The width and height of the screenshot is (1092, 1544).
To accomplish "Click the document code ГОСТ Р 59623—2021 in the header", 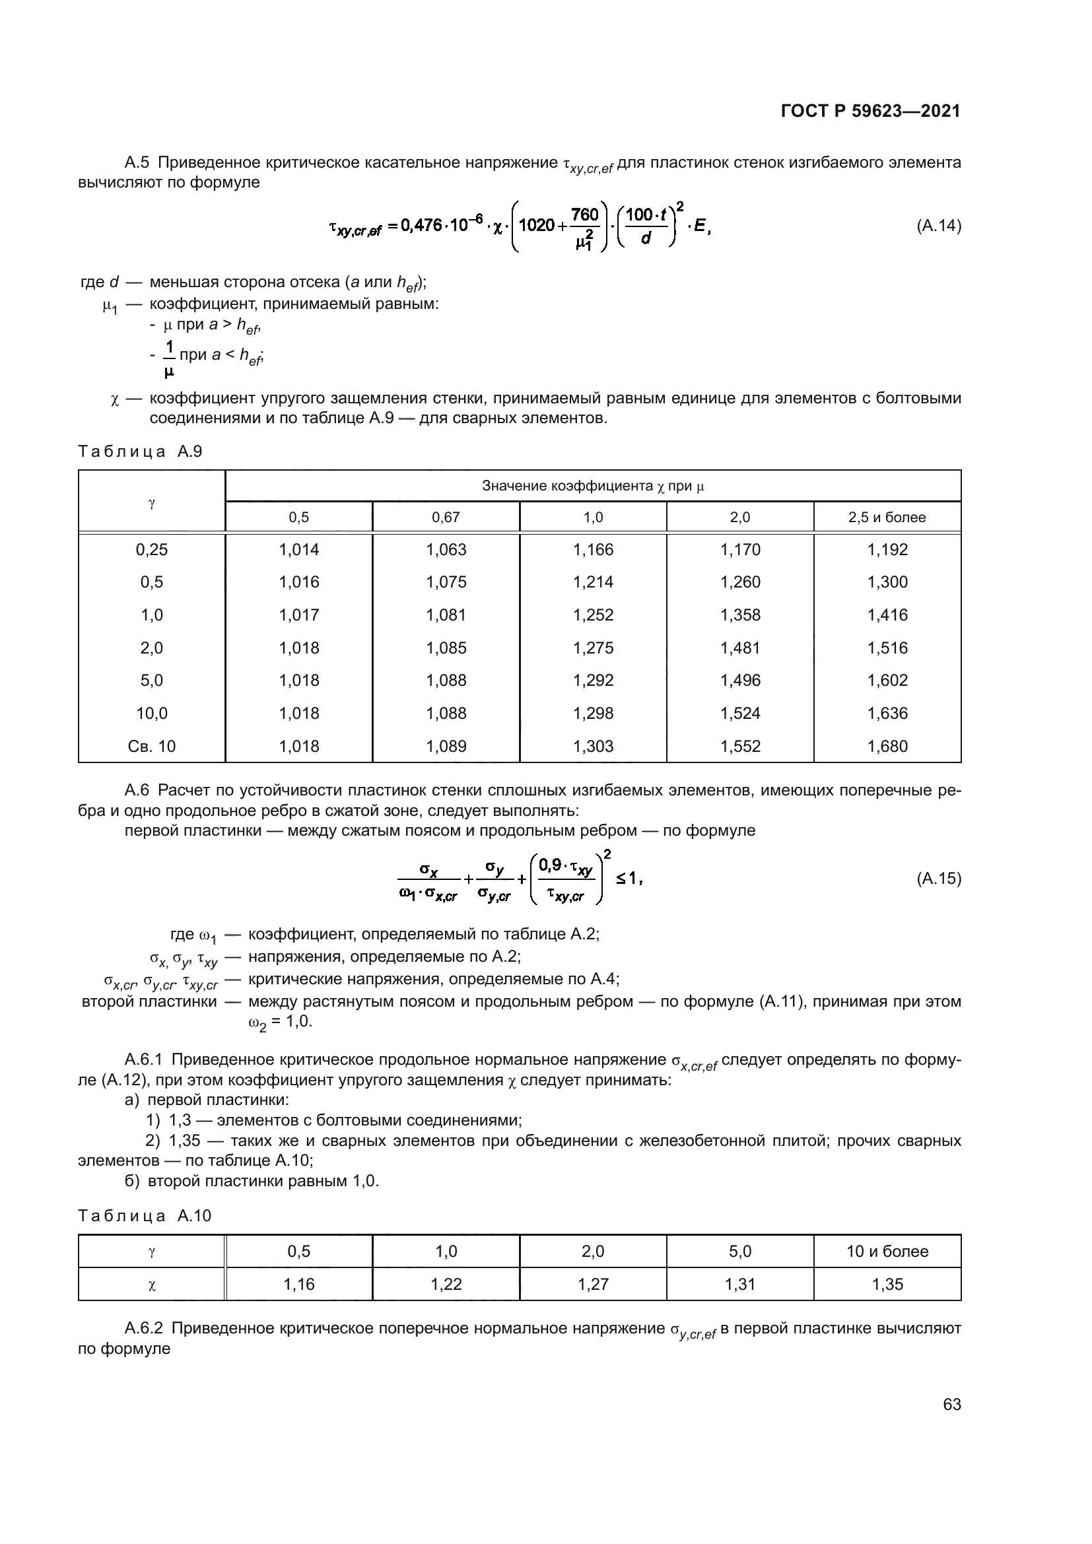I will point(870,111).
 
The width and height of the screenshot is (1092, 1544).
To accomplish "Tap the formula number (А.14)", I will point(938,226).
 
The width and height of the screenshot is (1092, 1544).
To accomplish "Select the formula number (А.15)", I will point(938,878).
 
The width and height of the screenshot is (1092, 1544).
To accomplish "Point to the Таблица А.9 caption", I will point(140,452).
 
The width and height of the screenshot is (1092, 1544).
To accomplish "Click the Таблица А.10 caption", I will point(145,1216).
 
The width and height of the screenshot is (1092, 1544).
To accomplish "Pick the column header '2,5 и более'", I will point(887,517).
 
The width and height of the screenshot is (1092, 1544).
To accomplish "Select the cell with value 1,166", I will point(593,549).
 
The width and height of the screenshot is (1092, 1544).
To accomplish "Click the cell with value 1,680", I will point(887,746).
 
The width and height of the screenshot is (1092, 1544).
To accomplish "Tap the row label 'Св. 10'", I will point(152,746).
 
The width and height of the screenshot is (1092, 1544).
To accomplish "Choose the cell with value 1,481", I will point(739,648).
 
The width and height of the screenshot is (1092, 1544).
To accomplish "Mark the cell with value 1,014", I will point(298,549).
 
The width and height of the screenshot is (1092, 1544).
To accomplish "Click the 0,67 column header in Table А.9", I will point(446,517).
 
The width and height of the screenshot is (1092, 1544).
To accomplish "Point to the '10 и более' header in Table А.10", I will point(887,1252).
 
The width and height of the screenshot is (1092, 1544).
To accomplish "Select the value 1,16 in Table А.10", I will point(298,1285).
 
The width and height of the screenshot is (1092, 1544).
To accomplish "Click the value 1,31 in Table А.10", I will point(739,1285).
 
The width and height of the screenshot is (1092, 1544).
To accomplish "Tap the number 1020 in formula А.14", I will point(537,225).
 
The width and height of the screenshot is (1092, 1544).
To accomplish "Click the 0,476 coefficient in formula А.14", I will point(421,226).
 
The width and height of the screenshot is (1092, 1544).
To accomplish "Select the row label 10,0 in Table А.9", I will point(152,713).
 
